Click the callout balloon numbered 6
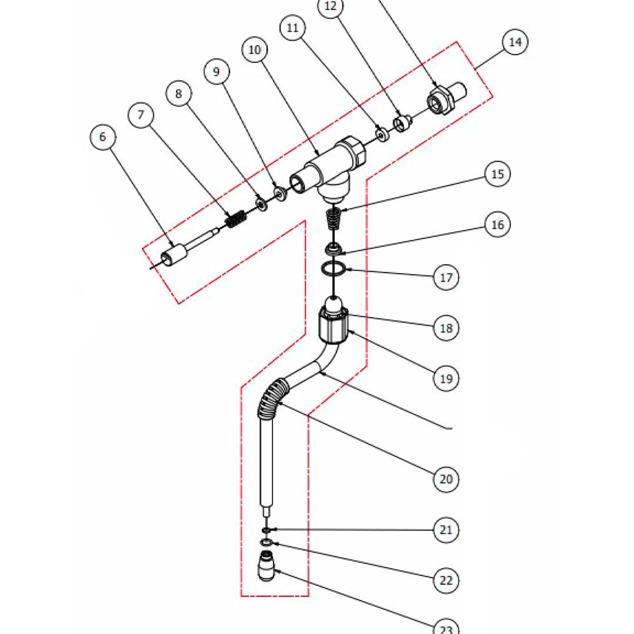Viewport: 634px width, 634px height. tap(103, 137)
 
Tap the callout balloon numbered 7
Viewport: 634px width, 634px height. tap(141, 115)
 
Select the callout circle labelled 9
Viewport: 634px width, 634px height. tap(217, 72)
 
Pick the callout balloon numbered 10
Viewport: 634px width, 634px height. tap(254, 50)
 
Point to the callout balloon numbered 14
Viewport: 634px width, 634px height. tap(515, 42)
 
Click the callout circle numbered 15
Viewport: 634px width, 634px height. tap(498, 174)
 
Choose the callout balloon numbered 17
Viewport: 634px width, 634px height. tap(446, 276)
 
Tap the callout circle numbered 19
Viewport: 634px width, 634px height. tap(446, 379)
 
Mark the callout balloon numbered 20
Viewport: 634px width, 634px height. tap(446, 479)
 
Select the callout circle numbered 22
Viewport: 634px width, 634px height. tap(446, 581)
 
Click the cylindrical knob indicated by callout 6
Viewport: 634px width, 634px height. tap(174, 255)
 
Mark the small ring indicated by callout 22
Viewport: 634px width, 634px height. tap(267, 542)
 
